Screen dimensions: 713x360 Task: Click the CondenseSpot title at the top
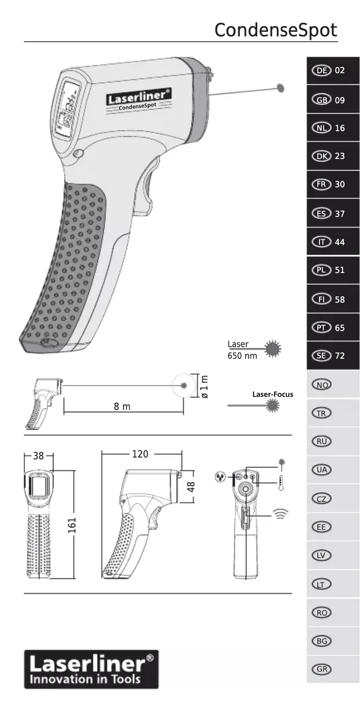[x=275, y=30]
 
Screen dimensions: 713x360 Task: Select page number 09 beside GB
[x=340, y=100]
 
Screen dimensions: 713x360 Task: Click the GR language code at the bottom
[x=321, y=669]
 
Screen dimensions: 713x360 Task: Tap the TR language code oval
[x=321, y=413]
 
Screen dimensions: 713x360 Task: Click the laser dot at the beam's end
[x=281, y=88]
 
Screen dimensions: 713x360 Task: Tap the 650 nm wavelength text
[x=242, y=356]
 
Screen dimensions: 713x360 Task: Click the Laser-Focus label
[x=272, y=394]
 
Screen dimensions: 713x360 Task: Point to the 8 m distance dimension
[x=122, y=406]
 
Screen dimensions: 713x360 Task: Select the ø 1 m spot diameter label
[x=204, y=387]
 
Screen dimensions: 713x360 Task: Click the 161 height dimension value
[x=72, y=525]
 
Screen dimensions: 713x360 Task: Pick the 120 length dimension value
[x=140, y=454]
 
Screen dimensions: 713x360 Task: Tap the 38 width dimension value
[x=39, y=456]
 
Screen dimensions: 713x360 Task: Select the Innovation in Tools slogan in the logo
[x=85, y=679]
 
